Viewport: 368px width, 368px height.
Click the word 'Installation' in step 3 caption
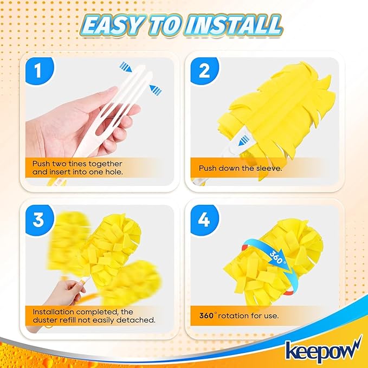click(x=55, y=311)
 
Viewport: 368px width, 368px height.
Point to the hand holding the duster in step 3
click(x=66, y=293)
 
